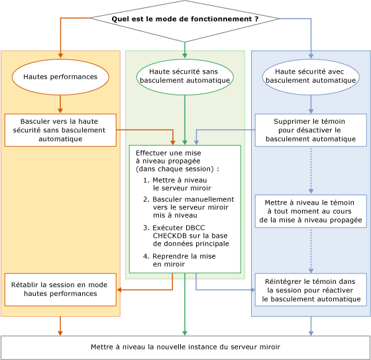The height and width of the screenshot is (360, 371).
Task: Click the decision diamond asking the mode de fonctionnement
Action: [x=185, y=19]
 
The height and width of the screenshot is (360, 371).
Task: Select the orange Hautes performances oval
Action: [x=60, y=77]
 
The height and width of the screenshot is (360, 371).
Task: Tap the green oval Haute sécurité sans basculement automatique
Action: [x=185, y=76]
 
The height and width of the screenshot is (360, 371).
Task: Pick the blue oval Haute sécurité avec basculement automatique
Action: [x=311, y=76]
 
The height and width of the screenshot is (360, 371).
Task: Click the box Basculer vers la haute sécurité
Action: [x=60, y=130]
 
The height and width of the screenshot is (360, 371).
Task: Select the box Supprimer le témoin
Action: [x=311, y=130]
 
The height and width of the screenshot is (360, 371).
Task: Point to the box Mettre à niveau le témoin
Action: [x=311, y=211]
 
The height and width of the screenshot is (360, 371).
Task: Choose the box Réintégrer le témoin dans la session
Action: [x=311, y=290]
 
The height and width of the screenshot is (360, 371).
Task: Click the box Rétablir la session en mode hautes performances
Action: [x=60, y=289]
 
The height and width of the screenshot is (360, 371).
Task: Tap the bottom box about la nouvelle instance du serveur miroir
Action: [x=185, y=347]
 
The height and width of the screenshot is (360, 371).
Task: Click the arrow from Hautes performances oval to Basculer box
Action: [x=60, y=104]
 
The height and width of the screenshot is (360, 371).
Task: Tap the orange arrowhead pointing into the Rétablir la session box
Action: [x=120, y=289]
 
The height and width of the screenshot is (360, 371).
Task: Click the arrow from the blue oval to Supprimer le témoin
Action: [x=311, y=104]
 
